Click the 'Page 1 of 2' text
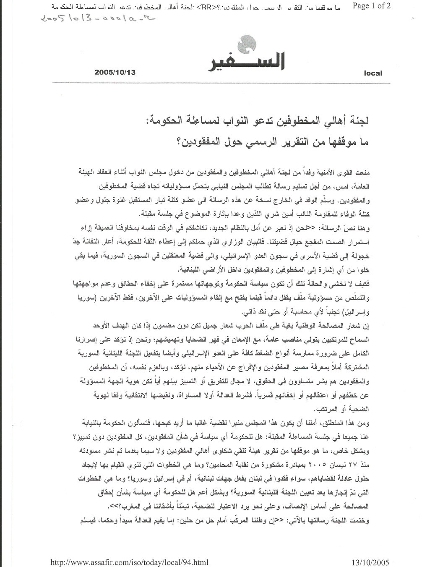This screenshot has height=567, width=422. [x=372, y=6]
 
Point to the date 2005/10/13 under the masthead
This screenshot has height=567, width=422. [x=116, y=72]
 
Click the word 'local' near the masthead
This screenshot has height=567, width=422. [x=373, y=73]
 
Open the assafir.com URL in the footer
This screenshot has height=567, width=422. [x=129, y=562]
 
